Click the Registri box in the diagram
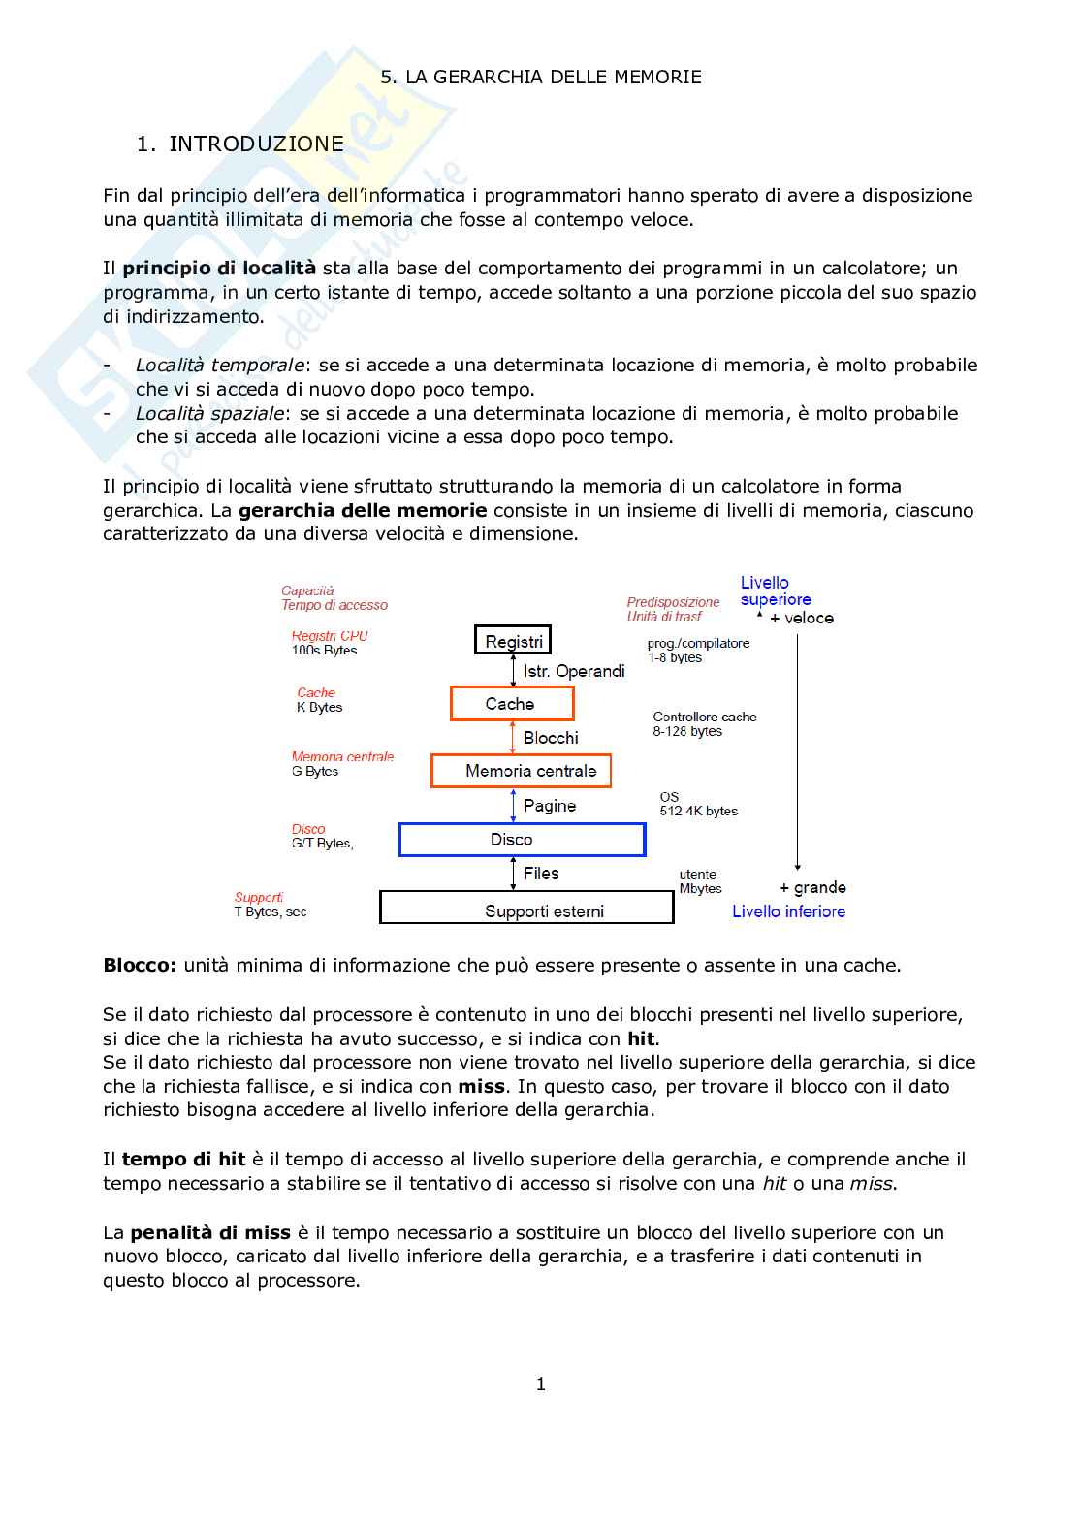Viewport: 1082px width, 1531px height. (513, 641)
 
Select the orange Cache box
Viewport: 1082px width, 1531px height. (512, 704)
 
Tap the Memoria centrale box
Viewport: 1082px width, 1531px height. (522, 771)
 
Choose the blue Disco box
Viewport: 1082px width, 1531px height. (522, 840)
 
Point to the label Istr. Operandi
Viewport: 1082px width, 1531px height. (574, 671)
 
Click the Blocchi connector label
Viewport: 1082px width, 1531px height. (551, 738)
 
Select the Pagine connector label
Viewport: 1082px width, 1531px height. (550, 806)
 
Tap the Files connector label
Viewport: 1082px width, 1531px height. (541, 874)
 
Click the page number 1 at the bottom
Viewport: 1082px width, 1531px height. (541, 1385)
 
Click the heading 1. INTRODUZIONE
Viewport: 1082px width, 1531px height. (240, 144)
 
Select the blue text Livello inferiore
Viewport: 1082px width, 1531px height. (788, 911)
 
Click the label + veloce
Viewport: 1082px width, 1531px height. (802, 619)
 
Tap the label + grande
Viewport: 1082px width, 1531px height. (812, 888)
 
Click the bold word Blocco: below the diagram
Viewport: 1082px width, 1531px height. (140, 966)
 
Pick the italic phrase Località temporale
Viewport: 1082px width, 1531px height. (220, 366)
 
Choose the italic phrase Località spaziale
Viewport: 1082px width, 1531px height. (209, 414)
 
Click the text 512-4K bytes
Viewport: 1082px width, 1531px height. (698, 812)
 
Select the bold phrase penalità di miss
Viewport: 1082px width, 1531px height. (210, 1233)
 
